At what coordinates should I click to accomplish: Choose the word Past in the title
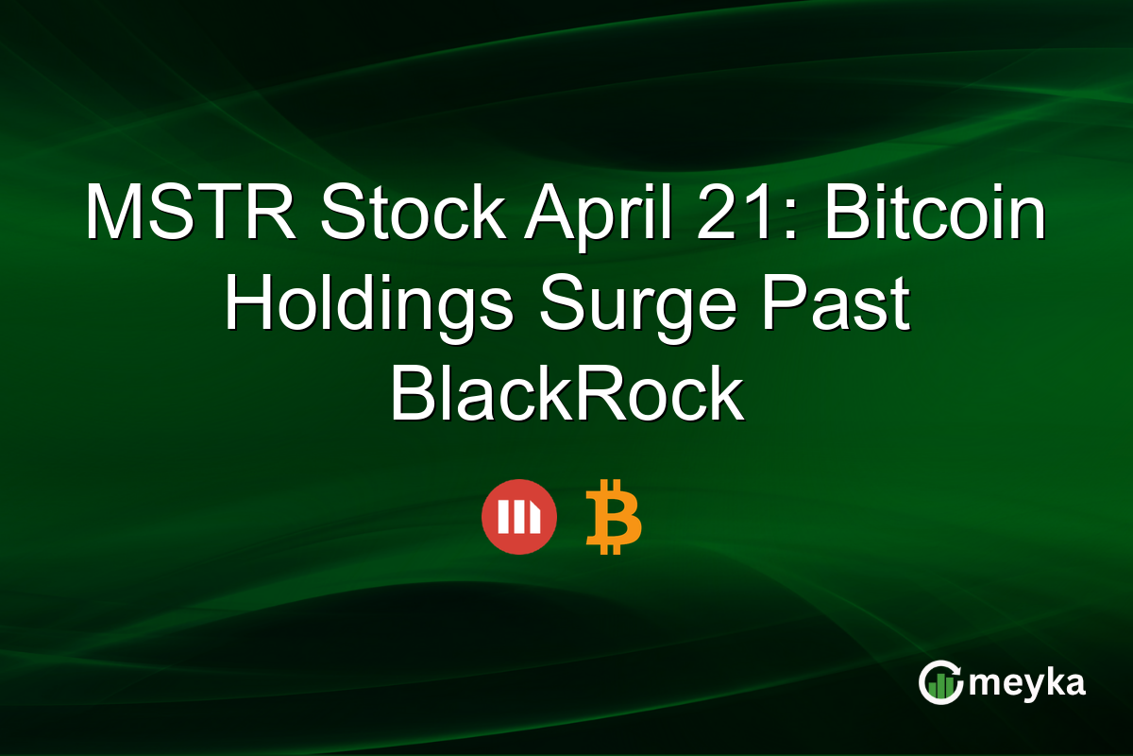832,304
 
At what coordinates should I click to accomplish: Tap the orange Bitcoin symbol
613,517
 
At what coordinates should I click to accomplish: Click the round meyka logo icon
940,683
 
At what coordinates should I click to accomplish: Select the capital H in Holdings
248,304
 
